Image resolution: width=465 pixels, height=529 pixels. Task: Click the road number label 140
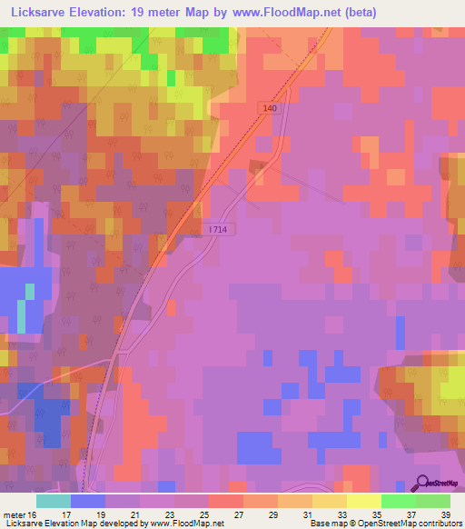coord(270,107)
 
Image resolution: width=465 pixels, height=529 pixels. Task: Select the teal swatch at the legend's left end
coord(53,501)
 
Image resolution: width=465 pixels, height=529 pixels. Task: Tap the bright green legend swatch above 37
coord(398,501)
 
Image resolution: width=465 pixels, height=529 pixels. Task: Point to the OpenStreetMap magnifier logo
coord(423,484)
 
